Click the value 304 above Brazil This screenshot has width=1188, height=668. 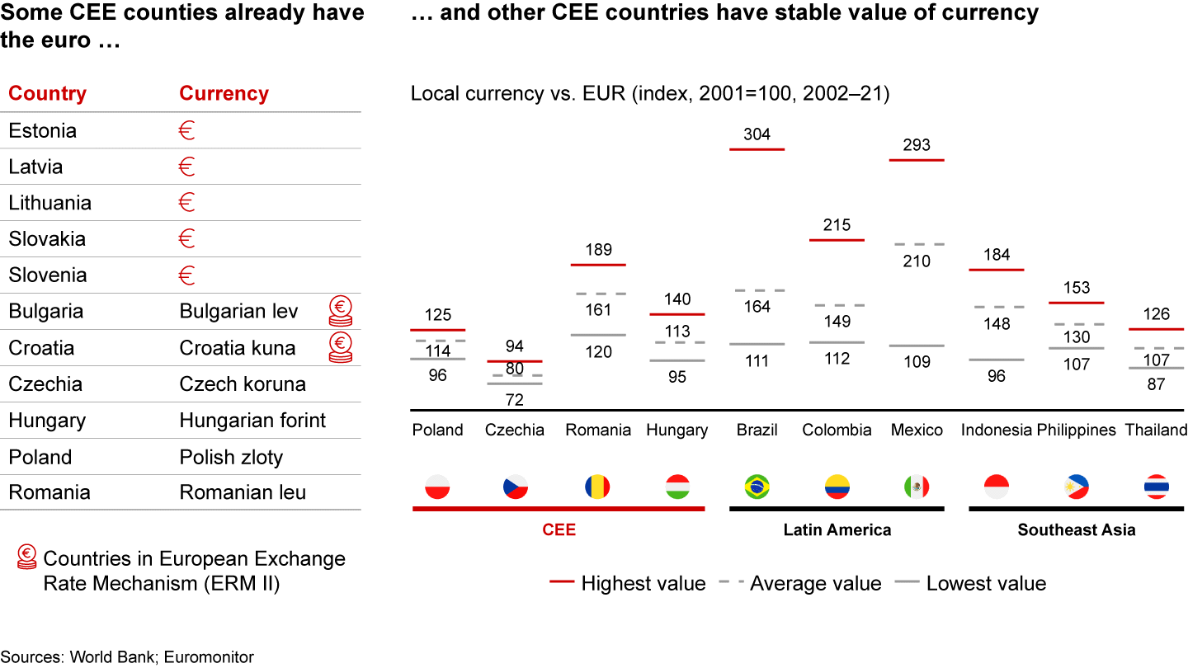(x=757, y=134)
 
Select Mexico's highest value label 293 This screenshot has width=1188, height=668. (x=917, y=145)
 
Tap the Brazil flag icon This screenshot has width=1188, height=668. (x=757, y=487)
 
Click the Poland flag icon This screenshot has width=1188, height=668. (x=437, y=487)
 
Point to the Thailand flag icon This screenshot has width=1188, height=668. (x=1156, y=487)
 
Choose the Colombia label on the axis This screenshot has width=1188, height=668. (x=837, y=430)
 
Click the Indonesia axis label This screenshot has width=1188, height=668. (x=997, y=430)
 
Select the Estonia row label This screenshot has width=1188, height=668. (x=42, y=130)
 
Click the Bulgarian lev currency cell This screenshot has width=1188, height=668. (x=238, y=312)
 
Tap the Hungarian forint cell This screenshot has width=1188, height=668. (x=252, y=421)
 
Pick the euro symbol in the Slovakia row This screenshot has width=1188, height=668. (x=186, y=239)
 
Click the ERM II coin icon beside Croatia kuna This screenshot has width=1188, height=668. (x=340, y=347)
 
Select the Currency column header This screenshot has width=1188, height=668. (x=224, y=93)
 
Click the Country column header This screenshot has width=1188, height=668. (x=47, y=93)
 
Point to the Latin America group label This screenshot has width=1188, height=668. (x=837, y=529)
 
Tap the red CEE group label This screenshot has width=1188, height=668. (x=559, y=529)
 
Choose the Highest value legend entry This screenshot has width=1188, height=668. (x=643, y=584)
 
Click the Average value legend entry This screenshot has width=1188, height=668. (x=815, y=584)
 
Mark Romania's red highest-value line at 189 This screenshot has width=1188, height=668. (x=598, y=265)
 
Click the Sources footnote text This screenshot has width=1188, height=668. (x=127, y=657)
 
